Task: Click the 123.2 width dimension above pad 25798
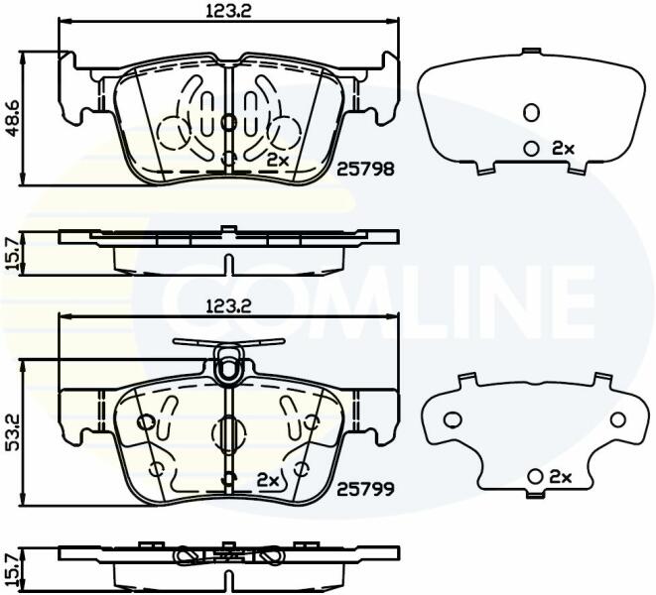(x=228, y=11)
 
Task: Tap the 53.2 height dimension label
(x=14, y=432)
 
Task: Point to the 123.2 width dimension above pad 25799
(x=228, y=306)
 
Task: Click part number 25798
(x=365, y=169)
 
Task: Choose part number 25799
(x=365, y=488)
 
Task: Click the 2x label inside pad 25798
(x=278, y=160)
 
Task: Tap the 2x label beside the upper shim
(x=564, y=148)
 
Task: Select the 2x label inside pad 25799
(x=268, y=480)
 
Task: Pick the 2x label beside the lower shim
(x=560, y=477)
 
